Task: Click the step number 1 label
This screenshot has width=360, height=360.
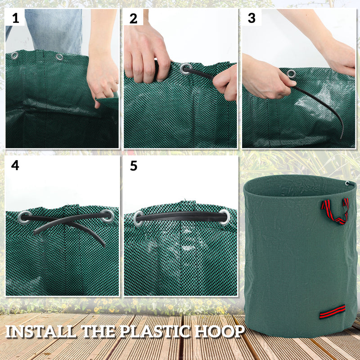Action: pos(16,18)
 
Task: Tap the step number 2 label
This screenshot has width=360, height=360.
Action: pos(133,18)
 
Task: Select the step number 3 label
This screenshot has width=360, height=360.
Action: pos(252,18)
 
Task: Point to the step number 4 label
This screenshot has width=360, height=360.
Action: pos(15,165)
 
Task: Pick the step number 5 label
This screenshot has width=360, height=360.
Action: pos(133,165)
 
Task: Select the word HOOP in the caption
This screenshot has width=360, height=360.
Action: pos(223,332)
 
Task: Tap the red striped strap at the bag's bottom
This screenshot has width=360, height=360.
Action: pos(332,311)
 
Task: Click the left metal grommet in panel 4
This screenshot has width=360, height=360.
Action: pos(25,217)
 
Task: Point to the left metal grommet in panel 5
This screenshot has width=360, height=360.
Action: pos(139,218)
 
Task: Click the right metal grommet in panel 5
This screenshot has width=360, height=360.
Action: pos(224,216)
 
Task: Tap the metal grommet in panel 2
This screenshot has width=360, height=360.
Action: pos(185,69)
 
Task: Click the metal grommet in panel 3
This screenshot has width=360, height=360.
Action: pos(291,73)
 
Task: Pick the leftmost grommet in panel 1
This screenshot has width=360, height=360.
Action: pos(15,55)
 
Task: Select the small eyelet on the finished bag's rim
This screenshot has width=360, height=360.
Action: pos(347,183)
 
